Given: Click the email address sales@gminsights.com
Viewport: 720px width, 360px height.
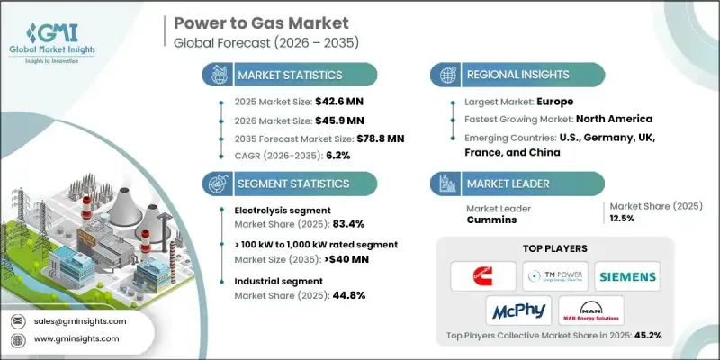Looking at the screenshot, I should pyautogui.click(x=80, y=320).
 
